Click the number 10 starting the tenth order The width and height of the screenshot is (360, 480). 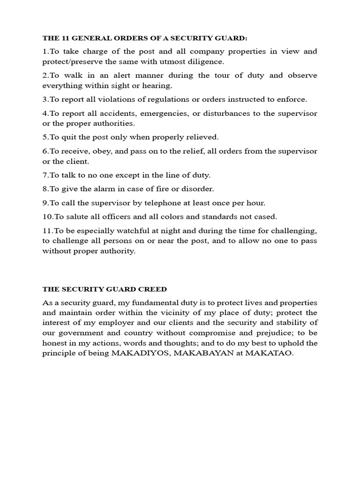(47, 217)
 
